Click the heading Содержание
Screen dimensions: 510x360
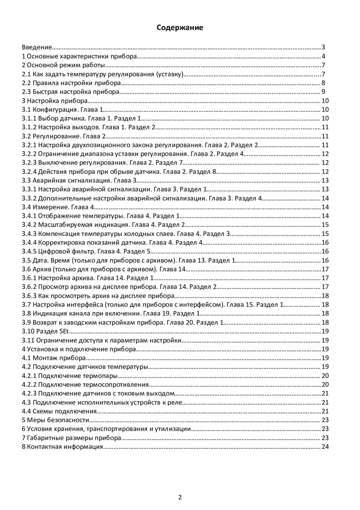coord(180,28)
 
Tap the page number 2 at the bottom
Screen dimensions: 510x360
coord(180,498)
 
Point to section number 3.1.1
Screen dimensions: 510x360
coord(29,118)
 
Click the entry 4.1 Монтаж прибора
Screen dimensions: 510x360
coord(54,357)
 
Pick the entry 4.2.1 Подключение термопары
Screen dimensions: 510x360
coord(70,375)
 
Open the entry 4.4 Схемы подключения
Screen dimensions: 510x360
coord(59,411)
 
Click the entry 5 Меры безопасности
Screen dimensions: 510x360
coord(55,420)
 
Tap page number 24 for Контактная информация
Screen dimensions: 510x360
coord(324,446)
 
